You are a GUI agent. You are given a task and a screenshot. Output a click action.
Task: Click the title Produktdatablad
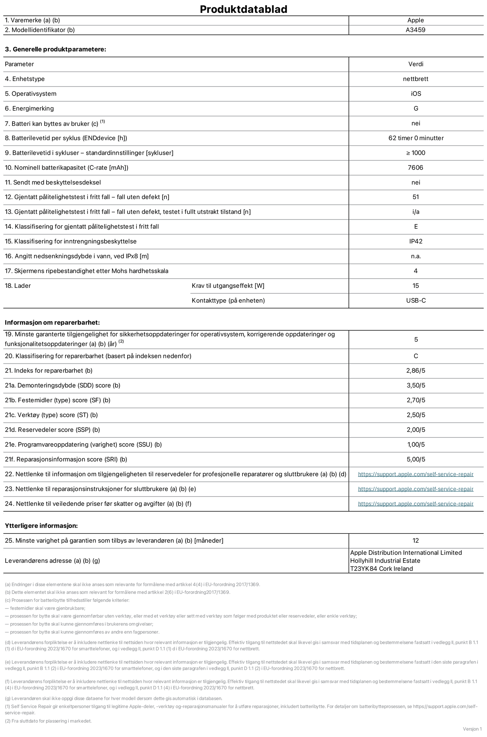pos(243,9)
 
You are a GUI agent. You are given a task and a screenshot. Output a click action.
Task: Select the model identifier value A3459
pos(415,30)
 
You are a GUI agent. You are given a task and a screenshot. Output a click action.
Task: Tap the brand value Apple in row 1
pos(415,21)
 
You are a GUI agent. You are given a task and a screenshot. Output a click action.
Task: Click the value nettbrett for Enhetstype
pos(415,79)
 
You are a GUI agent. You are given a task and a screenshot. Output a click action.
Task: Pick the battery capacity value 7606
pos(415,168)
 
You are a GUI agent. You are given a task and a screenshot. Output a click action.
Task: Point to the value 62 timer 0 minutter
pos(416,138)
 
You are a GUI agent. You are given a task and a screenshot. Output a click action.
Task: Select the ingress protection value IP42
pos(415,241)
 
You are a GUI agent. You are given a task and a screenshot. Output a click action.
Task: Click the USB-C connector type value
pos(416,301)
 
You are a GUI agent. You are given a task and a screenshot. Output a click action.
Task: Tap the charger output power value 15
pos(415,286)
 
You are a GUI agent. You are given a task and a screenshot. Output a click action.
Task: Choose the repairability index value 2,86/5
pos(415,371)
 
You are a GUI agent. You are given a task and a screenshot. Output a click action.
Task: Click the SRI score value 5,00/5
pos(415,459)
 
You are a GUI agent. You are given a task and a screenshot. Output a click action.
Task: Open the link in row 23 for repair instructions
pos(415,489)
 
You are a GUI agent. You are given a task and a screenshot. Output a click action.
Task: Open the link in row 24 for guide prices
pos(415,504)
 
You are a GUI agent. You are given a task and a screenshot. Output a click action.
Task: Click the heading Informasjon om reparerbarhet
pos(52,323)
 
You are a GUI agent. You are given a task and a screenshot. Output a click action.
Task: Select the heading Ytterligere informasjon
pos(41,526)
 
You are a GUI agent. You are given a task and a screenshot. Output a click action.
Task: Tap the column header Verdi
pos(415,64)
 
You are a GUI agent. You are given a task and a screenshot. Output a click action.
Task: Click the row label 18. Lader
pos(18,286)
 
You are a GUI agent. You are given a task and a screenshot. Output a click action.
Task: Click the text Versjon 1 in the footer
pos(472,729)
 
